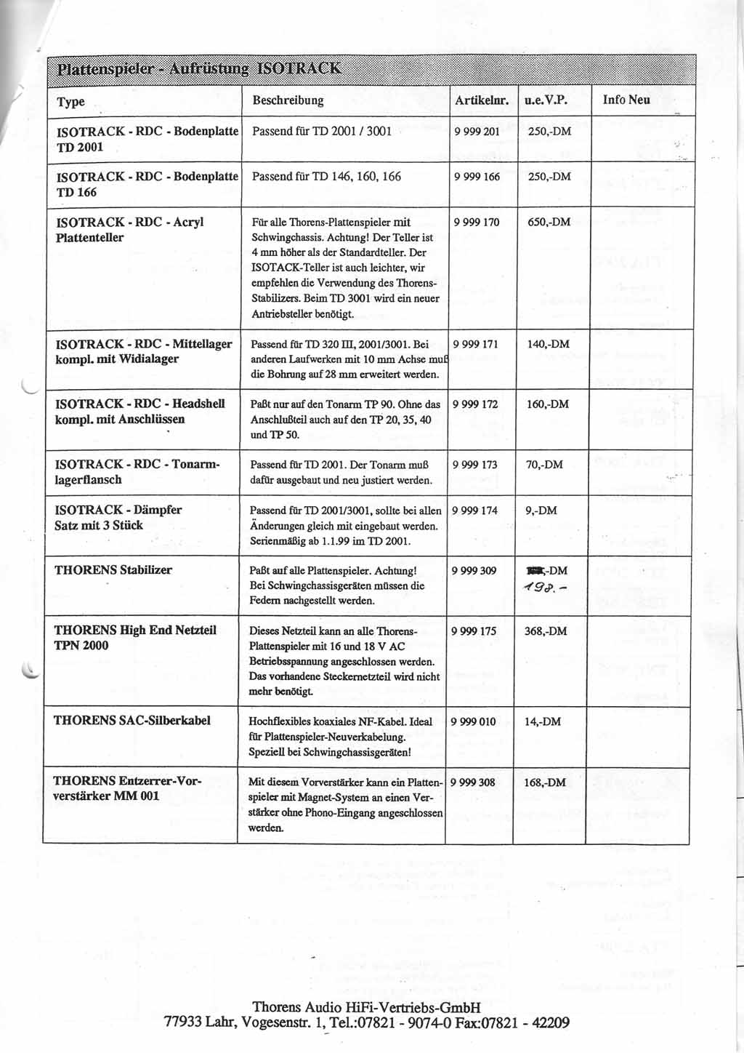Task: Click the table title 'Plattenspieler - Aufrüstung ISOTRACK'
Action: pyautogui.click(x=198, y=69)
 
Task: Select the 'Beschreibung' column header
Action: pyautogui.click(x=288, y=100)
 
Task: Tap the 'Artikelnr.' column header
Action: pyautogui.click(x=481, y=100)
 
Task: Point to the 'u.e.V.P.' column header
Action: pyautogui.click(x=545, y=100)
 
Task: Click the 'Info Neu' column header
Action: pyautogui.click(x=626, y=100)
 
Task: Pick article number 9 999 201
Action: pyautogui.click(x=477, y=132)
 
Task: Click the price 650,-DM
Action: pyautogui.click(x=549, y=222)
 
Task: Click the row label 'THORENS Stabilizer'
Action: pyautogui.click(x=113, y=570)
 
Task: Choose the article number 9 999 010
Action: pyautogui.click(x=473, y=721)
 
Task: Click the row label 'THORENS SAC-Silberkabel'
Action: pyautogui.click(x=132, y=721)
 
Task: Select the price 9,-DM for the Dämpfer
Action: pyautogui.click(x=541, y=511)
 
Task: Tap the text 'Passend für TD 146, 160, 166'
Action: pyautogui.click(x=326, y=177)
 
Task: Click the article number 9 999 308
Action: pyautogui.click(x=473, y=782)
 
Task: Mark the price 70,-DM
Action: pyautogui.click(x=543, y=465)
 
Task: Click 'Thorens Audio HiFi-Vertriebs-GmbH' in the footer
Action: pyautogui.click(x=366, y=1007)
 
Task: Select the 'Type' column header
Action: pyautogui.click(x=70, y=102)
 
